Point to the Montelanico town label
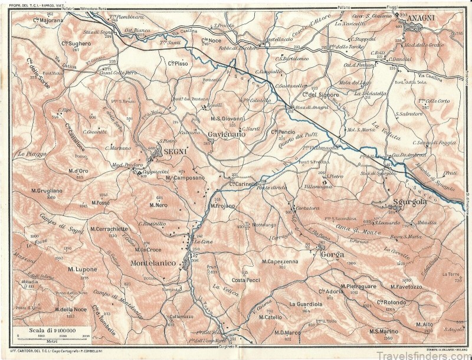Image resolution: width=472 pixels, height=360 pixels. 153,263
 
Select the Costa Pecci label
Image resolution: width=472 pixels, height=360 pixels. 245,279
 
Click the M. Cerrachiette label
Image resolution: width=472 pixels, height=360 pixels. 109,228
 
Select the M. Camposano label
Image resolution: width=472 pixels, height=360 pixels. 185,177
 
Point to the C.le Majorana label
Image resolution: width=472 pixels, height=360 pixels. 48,20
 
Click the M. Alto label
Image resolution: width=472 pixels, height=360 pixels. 424,324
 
